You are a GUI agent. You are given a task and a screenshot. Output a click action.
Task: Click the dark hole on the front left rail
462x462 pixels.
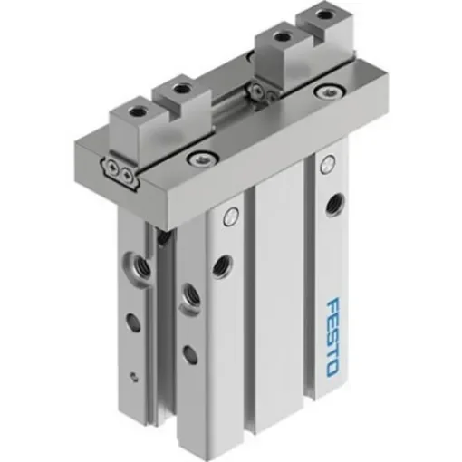point(218,265)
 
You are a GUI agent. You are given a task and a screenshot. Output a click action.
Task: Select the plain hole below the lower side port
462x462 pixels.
point(188,353)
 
